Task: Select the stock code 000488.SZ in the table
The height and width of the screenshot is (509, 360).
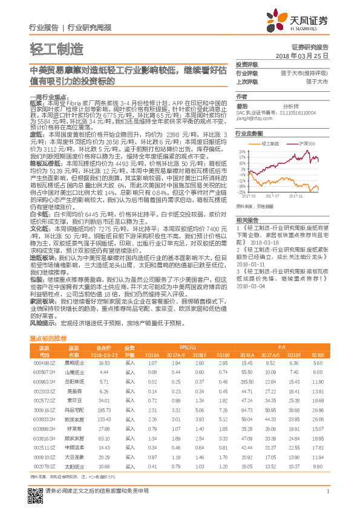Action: (44, 363)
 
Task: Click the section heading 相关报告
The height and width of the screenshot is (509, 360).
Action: (247, 219)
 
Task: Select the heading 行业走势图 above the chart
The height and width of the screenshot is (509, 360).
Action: (249, 133)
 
